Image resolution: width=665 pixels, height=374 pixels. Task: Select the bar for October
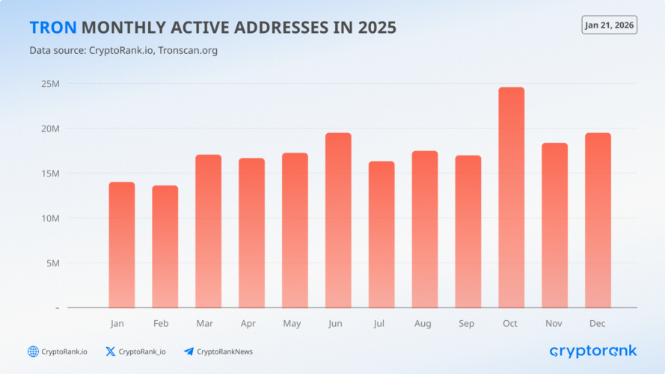512,198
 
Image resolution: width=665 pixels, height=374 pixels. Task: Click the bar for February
165,247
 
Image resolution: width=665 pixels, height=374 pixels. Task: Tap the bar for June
338,221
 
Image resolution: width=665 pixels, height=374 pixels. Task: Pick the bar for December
598,221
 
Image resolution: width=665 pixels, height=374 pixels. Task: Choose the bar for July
381,235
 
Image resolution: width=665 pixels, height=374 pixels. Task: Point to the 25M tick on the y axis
50,84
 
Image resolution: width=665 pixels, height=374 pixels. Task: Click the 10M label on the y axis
50,218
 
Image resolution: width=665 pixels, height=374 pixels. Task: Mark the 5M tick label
52,263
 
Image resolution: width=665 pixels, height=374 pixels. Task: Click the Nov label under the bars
554,324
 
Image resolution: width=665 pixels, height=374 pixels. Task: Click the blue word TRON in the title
52,28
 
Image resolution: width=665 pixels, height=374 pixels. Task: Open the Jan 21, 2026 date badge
609,25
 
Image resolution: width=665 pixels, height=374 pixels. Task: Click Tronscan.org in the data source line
189,51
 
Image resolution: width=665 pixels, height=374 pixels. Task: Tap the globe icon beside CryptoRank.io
33,352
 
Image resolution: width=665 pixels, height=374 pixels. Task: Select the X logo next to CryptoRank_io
111,352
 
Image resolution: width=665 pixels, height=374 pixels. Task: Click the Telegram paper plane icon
189,352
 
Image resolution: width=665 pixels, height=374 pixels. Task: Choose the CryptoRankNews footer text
224,352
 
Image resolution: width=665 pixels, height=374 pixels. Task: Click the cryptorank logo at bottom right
592,351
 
